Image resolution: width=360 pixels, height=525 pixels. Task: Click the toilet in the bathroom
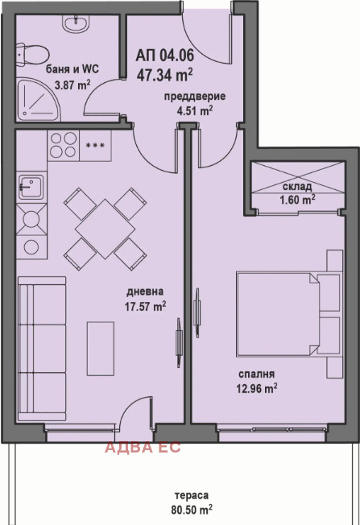click(32, 54)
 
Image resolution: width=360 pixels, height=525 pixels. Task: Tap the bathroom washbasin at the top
click(76, 24)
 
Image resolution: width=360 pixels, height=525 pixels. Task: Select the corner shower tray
click(38, 99)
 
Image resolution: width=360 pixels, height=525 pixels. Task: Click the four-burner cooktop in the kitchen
click(64, 145)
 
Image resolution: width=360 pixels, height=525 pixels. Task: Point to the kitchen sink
click(31, 186)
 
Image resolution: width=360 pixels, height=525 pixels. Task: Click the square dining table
click(106, 229)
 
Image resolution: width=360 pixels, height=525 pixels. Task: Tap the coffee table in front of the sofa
click(101, 349)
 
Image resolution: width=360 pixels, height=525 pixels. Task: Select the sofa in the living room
click(42, 349)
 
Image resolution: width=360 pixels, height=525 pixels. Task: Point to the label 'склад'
click(297, 187)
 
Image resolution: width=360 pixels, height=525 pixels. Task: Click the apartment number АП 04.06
click(165, 56)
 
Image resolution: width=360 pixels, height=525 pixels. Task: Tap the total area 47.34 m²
click(164, 75)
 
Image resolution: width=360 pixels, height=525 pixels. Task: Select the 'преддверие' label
click(195, 97)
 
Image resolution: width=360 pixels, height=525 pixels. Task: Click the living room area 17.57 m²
click(145, 306)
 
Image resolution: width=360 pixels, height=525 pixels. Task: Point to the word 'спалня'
click(257, 374)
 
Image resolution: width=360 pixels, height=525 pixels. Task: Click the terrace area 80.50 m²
click(192, 510)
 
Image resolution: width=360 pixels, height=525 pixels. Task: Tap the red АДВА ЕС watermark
click(143, 448)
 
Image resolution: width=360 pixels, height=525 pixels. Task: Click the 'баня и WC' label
click(72, 69)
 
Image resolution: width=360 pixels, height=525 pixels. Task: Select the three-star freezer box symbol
click(96, 145)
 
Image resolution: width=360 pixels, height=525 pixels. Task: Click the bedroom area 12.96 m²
click(257, 389)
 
